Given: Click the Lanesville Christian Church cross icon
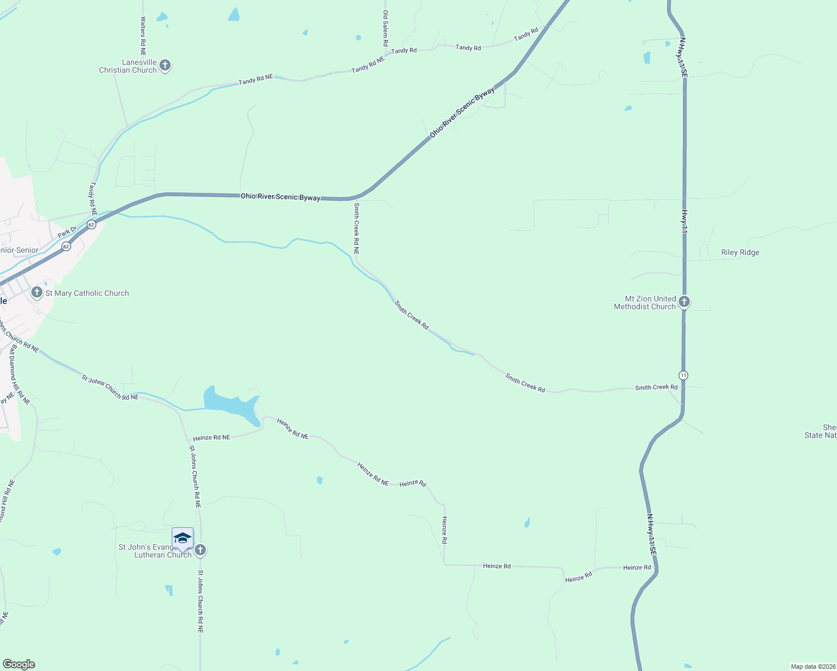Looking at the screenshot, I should [164, 65].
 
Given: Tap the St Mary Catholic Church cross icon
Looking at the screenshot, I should [37, 292].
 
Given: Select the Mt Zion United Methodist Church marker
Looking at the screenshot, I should [684, 302].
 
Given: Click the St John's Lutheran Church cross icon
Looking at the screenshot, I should [200, 550].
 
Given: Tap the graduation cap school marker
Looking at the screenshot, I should [182, 538].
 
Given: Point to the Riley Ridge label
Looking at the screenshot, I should [740, 252].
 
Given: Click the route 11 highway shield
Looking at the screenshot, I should [684, 375].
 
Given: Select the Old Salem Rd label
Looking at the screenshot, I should [385, 28].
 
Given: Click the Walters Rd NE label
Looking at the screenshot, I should [143, 34].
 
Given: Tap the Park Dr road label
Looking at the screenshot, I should [67, 231].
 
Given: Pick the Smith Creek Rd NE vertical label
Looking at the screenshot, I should [356, 228].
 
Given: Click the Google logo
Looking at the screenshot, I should [18, 664].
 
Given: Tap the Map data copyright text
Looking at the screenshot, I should [812, 667].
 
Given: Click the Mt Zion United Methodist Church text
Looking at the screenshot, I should [645, 303].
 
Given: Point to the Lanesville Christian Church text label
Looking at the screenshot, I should [128, 67].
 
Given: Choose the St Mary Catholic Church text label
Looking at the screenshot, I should [87, 293].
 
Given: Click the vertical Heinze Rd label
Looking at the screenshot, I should [444, 530].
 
